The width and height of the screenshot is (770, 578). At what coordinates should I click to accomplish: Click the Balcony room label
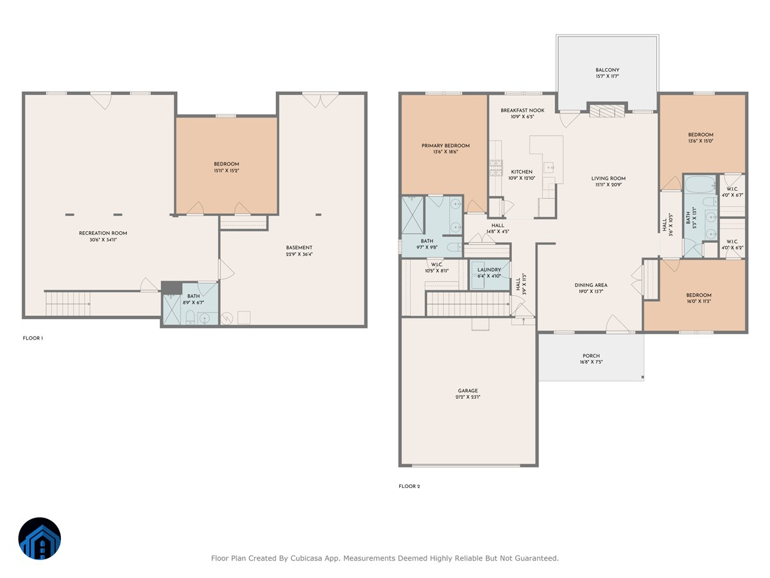click(x=607, y=70)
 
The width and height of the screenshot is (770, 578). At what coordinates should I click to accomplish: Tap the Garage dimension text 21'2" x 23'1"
click(x=468, y=397)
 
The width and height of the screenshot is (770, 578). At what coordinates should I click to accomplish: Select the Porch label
click(x=591, y=356)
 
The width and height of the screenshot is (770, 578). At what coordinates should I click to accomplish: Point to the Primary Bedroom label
click(x=445, y=146)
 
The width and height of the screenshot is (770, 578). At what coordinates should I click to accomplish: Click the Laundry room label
click(x=489, y=270)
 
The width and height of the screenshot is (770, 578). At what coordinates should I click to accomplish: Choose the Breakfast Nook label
click(x=522, y=110)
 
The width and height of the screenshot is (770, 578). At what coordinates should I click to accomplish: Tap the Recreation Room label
click(x=103, y=233)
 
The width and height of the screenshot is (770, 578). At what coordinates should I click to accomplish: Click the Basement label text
click(x=299, y=247)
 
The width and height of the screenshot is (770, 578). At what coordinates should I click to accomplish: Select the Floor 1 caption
click(x=33, y=338)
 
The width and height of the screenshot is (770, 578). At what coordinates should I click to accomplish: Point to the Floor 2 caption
click(x=409, y=486)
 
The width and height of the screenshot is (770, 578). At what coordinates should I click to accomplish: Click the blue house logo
click(x=40, y=538)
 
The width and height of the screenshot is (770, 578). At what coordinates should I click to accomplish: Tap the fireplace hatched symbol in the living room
click(x=607, y=111)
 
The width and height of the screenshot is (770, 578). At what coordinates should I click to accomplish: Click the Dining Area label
click(x=591, y=285)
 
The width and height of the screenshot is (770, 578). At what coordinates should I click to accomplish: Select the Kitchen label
click(x=522, y=171)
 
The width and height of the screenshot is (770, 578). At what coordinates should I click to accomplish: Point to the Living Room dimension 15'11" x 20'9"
click(x=608, y=184)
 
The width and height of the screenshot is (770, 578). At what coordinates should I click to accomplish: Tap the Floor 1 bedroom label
click(x=227, y=164)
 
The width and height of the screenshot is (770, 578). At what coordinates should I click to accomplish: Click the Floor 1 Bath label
click(x=193, y=296)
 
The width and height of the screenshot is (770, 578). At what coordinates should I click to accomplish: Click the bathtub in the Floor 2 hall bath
click(x=700, y=184)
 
